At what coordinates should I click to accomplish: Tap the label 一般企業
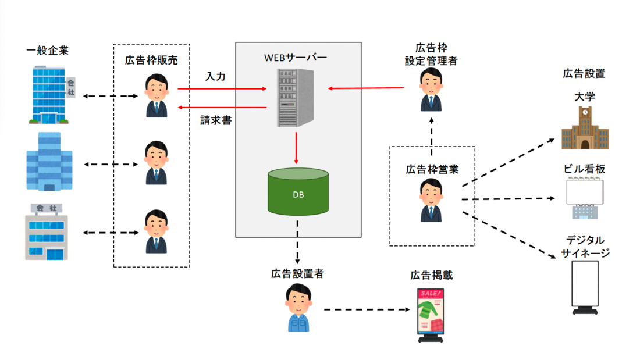point(48,51)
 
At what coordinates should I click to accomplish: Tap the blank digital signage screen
point(584,286)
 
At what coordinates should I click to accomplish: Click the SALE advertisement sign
point(431,315)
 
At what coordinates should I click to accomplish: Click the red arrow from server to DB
point(296,149)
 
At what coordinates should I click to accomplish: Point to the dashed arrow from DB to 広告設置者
point(297,250)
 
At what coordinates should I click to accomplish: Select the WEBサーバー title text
point(296,58)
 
